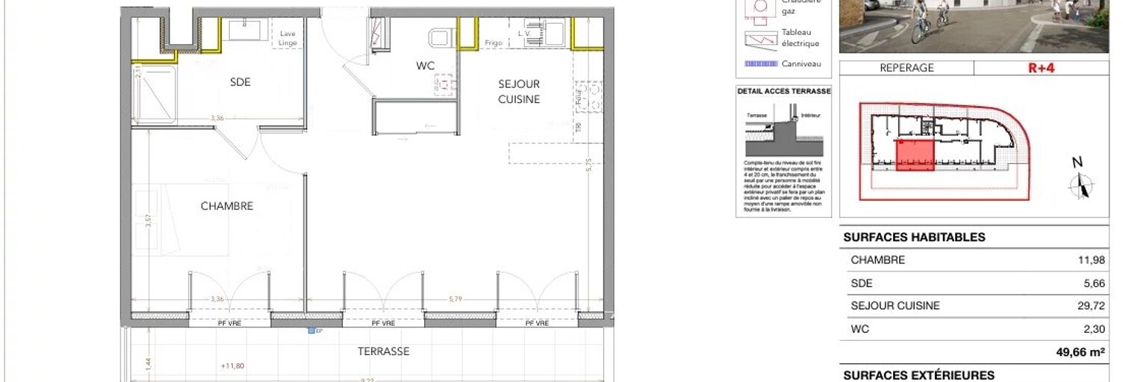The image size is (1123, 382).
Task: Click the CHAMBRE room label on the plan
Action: tap(227, 206)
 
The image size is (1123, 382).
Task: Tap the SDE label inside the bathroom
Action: tap(240, 82)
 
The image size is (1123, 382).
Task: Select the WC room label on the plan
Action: tap(426, 66)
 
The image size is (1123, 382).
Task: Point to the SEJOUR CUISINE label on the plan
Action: tap(519, 92)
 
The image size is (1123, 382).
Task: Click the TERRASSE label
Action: tap(383, 351)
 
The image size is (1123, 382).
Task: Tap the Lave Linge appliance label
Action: tap(288, 38)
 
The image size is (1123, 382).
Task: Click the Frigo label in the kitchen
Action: tap(493, 43)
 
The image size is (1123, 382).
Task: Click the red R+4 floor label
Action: tap(1040, 68)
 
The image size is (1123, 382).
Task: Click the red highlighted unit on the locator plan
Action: tap(915, 154)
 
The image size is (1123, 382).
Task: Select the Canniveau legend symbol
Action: tap(760, 64)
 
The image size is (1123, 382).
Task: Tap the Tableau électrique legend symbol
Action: tap(760, 39)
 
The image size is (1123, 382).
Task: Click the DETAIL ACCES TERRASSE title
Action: tap(783, 91)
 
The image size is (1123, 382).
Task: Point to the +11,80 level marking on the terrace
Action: tap(233, 366)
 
